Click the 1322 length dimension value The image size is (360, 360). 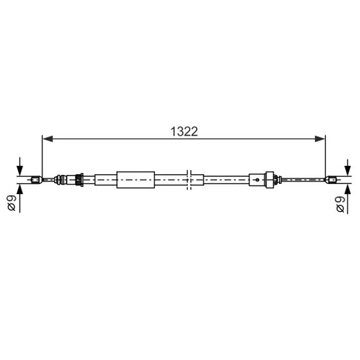(183, 130)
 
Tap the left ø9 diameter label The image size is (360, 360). (12, 204)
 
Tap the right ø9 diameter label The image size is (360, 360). (339, 204)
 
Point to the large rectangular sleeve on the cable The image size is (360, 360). (136, 179)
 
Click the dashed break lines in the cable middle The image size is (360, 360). (189, 179)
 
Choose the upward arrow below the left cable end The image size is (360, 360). (21, 191)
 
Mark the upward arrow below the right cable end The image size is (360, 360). (348, 191)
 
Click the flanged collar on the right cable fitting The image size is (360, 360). (271, 179)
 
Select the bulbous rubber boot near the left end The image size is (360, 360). (63, 179)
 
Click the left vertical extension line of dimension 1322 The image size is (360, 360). (42, 154)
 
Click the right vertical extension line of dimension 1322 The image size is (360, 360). (326, 154)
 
